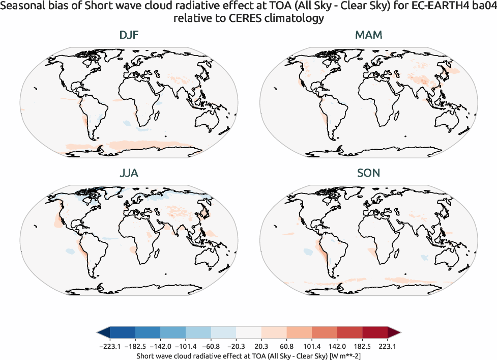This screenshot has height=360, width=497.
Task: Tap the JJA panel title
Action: (128, 173)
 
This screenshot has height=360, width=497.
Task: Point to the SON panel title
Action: (369, 173)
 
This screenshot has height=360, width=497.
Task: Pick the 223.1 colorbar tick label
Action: (388, 346)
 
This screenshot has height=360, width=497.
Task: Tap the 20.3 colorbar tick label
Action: (261, 346)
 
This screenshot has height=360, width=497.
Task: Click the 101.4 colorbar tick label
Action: (312, 346)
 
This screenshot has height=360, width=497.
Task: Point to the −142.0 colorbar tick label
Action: (160, 346)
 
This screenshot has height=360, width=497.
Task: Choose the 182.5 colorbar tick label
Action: (362, 346)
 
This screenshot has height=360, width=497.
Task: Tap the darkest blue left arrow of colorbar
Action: (103, 333)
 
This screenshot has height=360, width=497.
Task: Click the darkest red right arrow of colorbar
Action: (394, 333)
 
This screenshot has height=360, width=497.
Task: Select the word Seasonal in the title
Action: (22, 7)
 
